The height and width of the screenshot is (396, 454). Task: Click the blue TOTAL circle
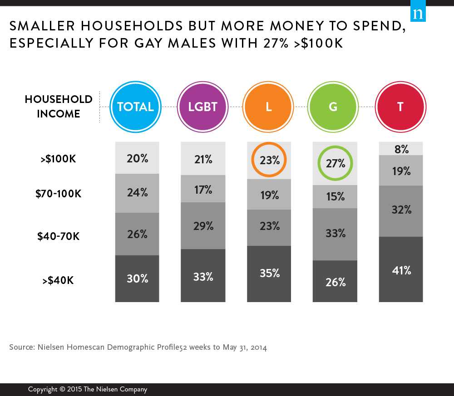(135, 107)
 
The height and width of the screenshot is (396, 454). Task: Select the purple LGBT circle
(203, 107)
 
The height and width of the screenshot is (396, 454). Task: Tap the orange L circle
(268, 107)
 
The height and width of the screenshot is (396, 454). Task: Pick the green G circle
(333, 107)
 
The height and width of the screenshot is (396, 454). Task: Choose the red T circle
(400, 107)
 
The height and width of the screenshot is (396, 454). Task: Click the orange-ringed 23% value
(270, 160)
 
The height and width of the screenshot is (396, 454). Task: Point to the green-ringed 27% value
(336, 163)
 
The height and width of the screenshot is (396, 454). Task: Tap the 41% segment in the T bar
(401, 270)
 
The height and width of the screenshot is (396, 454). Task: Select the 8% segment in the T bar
(401, 149)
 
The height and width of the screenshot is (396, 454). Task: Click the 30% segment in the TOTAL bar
(137, 279)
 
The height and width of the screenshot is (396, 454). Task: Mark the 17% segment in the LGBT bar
(203, 189)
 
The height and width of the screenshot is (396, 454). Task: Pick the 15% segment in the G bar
(336, 196)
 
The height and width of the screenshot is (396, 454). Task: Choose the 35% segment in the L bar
(269, 273)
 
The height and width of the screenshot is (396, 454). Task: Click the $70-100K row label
(59, 194)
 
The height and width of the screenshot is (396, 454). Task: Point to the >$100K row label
(59, 160)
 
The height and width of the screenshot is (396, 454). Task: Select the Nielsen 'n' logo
(418, 14)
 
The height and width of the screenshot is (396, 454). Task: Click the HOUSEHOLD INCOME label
(59, 107)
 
